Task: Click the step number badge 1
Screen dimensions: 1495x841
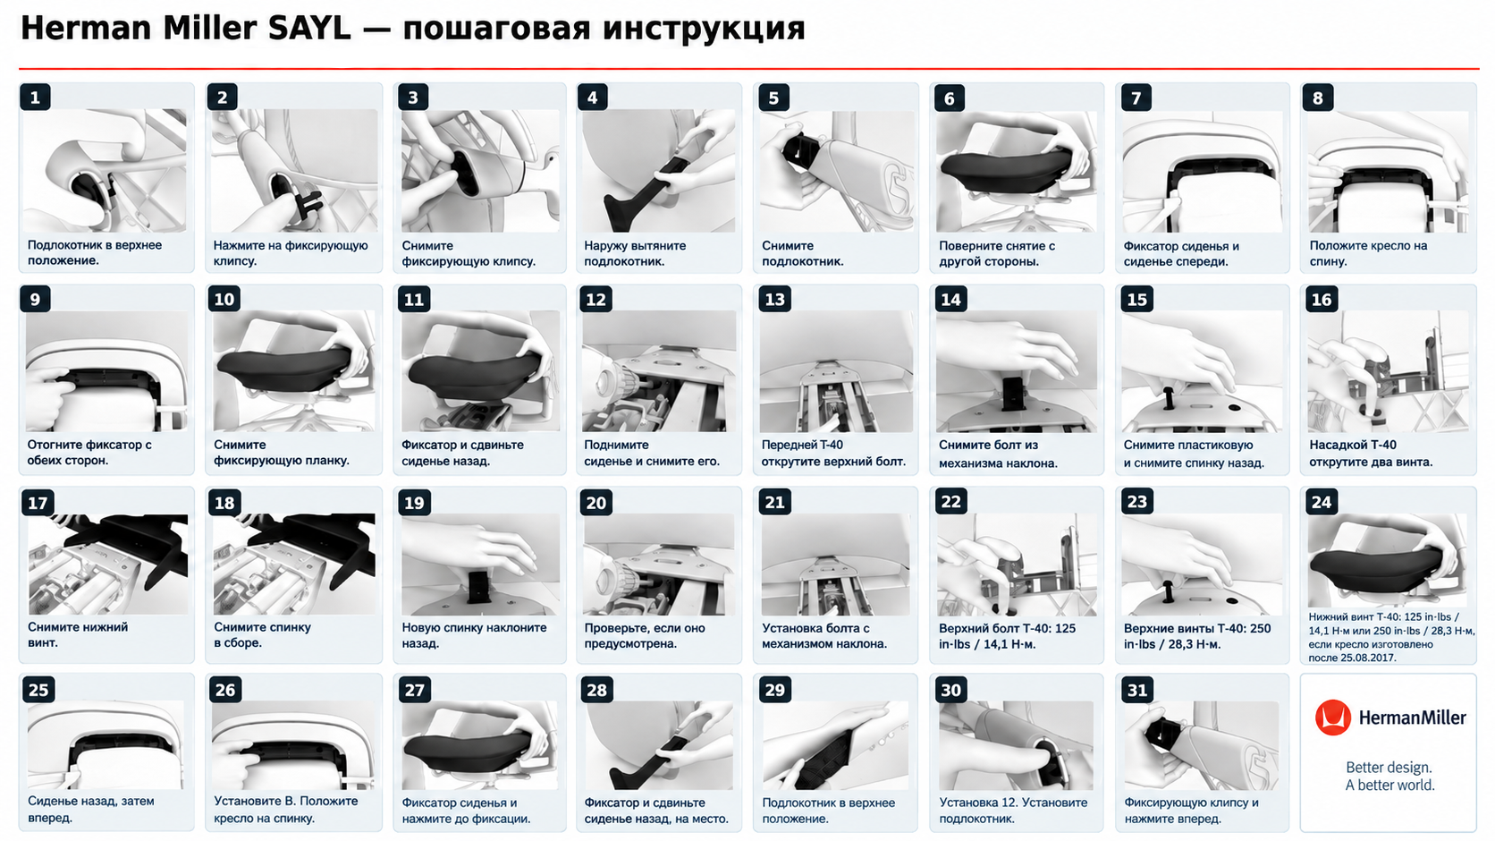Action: [x=36, y=98]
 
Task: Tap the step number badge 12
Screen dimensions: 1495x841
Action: [x=595, y=299]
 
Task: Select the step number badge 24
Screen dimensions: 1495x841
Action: [x=1322, y=502]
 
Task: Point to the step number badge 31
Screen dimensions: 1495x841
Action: [x=1137, y=690]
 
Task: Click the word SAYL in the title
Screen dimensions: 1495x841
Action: [x=309, y=29]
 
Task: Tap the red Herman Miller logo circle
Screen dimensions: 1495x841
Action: [x=1333, y=718]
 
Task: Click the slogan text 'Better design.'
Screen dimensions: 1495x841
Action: [x=1389, y=767]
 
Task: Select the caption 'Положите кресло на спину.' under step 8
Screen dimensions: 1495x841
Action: [x=1368, y=253]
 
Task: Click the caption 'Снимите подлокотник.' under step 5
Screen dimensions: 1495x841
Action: [x=803, y=253]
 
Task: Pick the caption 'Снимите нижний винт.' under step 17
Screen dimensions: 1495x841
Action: [x=78, y=634]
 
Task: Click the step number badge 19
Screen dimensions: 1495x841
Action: [x=414, y=502]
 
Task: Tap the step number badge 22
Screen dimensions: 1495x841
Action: [x=950, y=502]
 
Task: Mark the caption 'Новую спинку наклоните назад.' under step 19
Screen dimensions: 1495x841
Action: [x=474, y=635]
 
